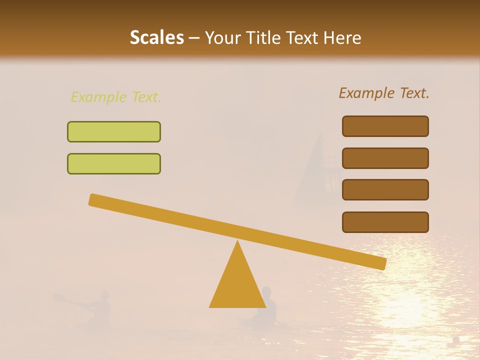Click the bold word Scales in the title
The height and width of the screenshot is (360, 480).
click(x=156, y=38)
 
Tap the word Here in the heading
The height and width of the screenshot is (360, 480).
click(x=342, y=38)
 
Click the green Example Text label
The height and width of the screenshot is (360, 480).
click(x=116, y=97)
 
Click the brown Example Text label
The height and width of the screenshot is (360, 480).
click(x=384, y=93)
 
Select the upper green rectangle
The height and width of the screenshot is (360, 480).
click(x=114, y=131)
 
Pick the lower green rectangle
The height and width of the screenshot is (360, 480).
click(x=114, y=163)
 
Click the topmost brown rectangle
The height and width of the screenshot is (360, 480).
click(x=385, y=126)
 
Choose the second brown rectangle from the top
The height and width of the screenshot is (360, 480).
click(x=385, y=158)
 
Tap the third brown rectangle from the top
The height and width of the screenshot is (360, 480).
click(x=385, y=189)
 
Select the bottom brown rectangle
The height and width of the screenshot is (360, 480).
click(x=385, y=222)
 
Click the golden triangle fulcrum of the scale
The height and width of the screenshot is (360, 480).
click(x=237, y=285)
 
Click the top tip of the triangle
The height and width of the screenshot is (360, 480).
click(x=237, y=242)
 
